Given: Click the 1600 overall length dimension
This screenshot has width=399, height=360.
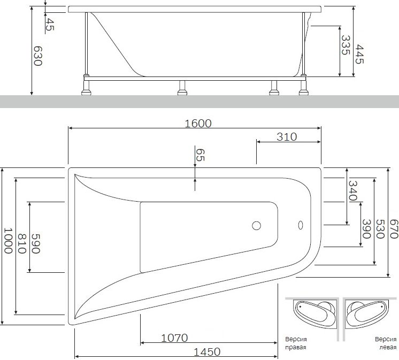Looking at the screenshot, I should point(198,123).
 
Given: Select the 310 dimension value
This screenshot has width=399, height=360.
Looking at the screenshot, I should point(287,136).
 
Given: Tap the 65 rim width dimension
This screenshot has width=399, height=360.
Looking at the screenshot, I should point(199,156).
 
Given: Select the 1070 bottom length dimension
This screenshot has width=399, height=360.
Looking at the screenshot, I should point(174,338).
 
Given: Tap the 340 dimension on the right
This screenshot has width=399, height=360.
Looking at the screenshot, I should point(352,190).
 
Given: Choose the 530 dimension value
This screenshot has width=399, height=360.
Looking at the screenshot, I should point(380,229).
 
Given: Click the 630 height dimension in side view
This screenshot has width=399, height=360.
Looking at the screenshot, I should point(37,56).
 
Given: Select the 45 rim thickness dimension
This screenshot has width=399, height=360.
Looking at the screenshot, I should point(50,24).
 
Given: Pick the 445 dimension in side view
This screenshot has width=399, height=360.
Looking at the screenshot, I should point(359,53).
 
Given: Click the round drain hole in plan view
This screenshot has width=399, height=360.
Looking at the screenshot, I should point(257,226).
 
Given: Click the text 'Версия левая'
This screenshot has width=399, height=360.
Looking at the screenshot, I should point(385,343).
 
